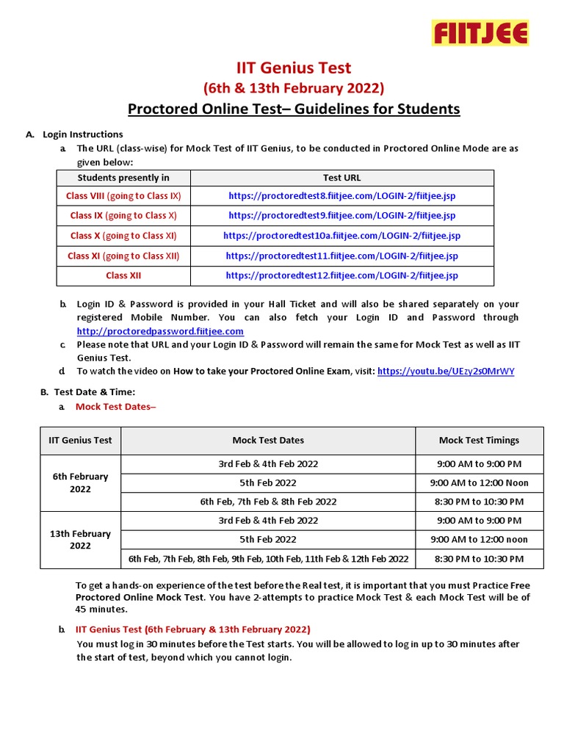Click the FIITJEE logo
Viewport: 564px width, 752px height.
click(480, 33)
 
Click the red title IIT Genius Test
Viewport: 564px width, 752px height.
click(294, 68)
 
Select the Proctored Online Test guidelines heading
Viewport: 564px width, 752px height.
click(294, 109)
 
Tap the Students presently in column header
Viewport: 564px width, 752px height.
click(123, 178)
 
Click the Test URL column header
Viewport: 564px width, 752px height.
click(341, 178)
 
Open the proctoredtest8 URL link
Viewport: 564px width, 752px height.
click(341, 196)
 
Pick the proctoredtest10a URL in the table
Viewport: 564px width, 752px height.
click(341, 236)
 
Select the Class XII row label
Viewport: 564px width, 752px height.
click(123, 275)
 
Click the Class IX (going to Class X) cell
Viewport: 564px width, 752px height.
click(123, 216)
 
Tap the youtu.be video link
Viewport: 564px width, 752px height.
click(446, 372)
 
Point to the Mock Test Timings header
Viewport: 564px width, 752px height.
click(479, 441)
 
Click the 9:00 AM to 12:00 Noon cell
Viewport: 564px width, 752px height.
click(479, 482)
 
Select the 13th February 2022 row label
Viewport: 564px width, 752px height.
click(81, 540)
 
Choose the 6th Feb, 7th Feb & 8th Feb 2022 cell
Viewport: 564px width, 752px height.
click(268, 502)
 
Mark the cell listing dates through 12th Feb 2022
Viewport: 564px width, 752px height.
click(268, 559)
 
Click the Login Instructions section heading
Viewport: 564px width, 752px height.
click(82, 134)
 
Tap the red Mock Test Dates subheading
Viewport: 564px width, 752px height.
click(116, 406)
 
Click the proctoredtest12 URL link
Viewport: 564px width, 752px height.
click(341, 275)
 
